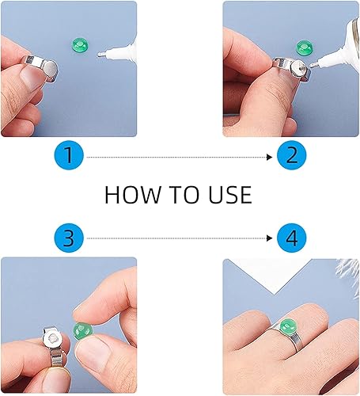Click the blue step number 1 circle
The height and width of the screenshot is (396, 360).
69,155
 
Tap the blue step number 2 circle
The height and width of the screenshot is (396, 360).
291,155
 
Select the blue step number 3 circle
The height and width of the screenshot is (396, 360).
69,238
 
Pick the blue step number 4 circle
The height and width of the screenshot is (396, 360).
291,238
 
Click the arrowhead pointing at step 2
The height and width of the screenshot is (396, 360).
269,158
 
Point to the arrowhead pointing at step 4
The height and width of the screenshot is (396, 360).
269,238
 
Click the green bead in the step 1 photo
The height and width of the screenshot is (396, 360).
79,45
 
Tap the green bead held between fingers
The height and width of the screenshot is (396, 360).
83,332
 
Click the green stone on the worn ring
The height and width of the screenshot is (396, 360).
288,327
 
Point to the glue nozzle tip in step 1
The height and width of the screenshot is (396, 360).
99,55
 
